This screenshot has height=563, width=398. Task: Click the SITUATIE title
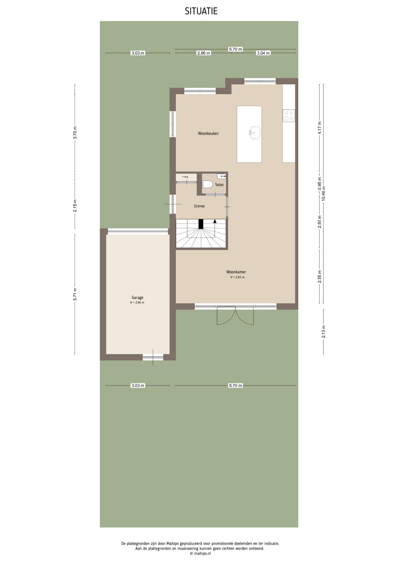[x=201, y=11]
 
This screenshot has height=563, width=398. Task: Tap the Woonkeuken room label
[x=208, y=133]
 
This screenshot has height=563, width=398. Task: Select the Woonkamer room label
[x=236, y=272]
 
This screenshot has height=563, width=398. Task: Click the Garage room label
[x=137, y=297]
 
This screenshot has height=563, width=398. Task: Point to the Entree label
[x=199, y=206]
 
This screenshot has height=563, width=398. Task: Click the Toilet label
[x=219, y=185]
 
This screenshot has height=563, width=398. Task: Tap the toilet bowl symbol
[x=207, y=184]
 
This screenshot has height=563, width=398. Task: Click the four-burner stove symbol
[x=289, y=116]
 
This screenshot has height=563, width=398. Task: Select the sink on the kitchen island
[x=255, y=133]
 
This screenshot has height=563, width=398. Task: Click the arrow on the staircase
[x=215, y=221]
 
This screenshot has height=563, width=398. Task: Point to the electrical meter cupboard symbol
[x=185, y=177]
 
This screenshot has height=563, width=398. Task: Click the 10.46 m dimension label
[x=324, y=194]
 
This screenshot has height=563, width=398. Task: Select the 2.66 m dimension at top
[x=203, y=53]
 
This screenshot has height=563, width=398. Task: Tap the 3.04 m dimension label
[x=263, y=53]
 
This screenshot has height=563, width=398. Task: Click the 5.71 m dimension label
[x=75, y=294]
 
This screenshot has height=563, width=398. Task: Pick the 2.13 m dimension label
[x=324, y=332]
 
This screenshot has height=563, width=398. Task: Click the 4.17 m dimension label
[x=320, y=128]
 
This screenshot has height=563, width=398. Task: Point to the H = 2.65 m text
[x=237, y=277]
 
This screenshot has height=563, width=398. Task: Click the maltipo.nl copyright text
[x=200, y=553]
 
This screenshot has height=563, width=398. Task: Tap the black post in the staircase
[x=201, y=224]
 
